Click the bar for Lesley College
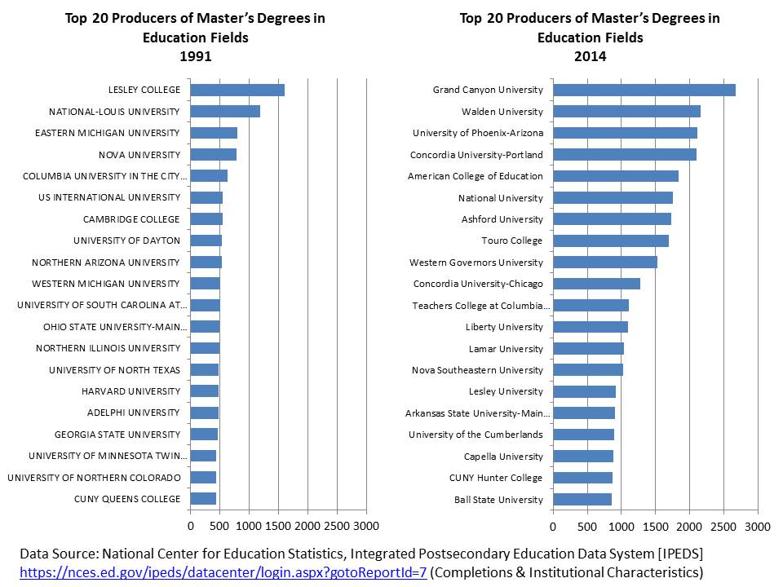tap(237, 90)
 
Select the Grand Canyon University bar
tap(644, 90)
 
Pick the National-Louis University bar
tap(225, 112)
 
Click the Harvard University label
tap(130, 391)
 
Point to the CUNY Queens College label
tap(127, 499)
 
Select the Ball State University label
tap(498, 500)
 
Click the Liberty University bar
tap(591, 327)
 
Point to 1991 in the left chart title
tap(195, 57)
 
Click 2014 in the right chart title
tap(590, 57)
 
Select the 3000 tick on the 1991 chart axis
tap(366, 525)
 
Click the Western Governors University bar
tap(605, 263)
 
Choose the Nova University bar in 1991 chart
tap(214, 154)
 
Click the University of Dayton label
tap(126, 241)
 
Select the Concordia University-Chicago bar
tap(596, 284)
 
